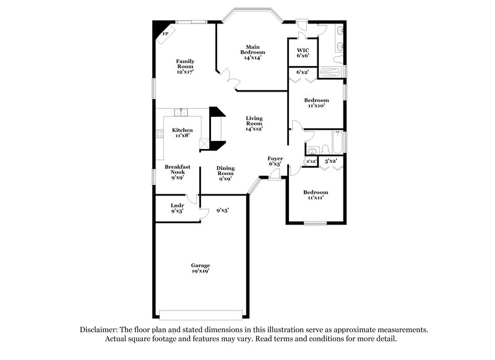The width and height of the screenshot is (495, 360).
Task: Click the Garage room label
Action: tap(200, 268)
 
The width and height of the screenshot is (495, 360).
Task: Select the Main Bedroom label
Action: tap(252, 52)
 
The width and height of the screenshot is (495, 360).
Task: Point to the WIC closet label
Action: tap(303, 53)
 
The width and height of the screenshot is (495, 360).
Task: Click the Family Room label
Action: tap(186, 66)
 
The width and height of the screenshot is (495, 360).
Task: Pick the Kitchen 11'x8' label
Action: tap(182, 132)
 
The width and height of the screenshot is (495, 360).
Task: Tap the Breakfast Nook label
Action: tap(177, 171)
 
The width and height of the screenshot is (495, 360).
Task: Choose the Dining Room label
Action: tap(225, 171)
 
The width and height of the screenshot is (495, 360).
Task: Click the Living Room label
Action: tap(254, 122)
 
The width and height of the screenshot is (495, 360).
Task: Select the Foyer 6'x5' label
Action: tap(275, 161)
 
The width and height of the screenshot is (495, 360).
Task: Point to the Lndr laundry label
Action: tap(178, 208)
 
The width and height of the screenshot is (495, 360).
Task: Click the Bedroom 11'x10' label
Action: tap(316, 103)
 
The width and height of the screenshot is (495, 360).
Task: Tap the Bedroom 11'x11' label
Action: tap(316, 195)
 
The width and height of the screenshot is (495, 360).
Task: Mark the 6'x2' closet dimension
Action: tap(303, 72)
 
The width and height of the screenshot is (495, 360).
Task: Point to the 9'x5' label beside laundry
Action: tap(223, 211)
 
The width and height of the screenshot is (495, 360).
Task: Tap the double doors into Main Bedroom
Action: tap(231, 78)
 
